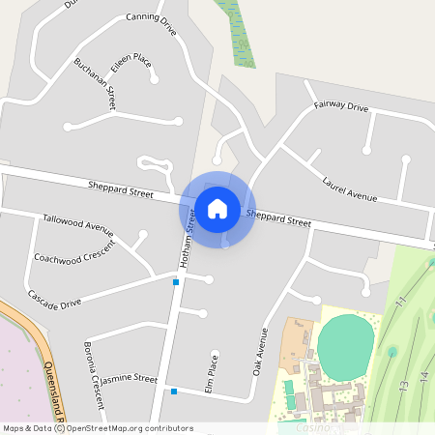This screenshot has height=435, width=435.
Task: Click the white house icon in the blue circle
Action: (x=217, y=208)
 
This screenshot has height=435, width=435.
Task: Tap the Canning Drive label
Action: (x=152, y=24)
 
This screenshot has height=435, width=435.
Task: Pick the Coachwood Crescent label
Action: (x=73, y=252)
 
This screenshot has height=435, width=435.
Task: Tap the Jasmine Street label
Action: (x=129, y=378)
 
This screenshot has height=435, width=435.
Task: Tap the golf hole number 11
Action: (x=399, y=304)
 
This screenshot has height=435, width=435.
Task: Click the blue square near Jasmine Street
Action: (x=174, y=391)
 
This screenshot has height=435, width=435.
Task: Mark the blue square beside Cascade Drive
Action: (x=176, y=282)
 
